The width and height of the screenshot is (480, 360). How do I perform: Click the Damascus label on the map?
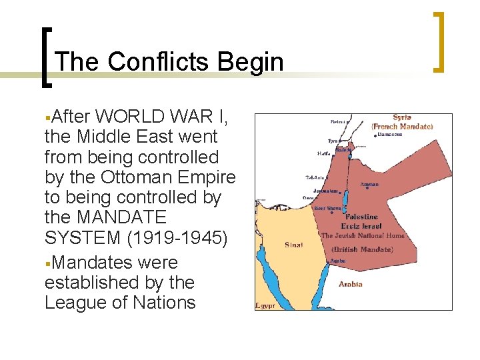[389, 134]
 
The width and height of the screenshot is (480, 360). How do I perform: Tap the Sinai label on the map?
[293, 245]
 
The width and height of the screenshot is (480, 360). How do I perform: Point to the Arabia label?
[350, 285]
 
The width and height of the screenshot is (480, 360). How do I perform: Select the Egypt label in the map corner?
[265, 305]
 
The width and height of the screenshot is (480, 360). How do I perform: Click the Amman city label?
[369, 184]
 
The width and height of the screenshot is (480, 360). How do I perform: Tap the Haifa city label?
[325, 153]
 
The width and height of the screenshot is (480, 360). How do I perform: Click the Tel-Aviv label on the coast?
[315, 177]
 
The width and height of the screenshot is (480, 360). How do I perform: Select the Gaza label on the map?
[309, 198]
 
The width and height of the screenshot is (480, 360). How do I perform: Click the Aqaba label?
[338, 261]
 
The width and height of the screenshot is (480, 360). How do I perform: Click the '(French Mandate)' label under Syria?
[402, 126]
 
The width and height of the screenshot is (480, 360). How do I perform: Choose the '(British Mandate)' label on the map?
[362, 249]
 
